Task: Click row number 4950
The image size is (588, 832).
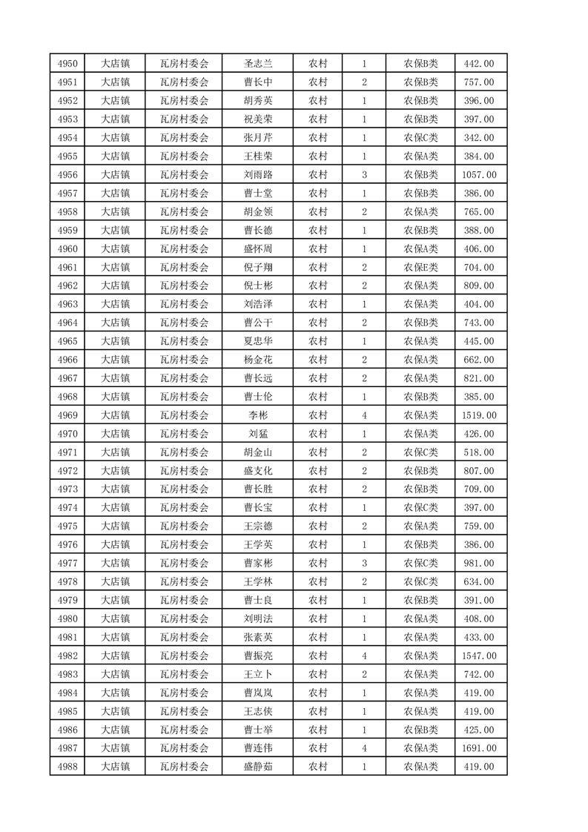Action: pos(67,64)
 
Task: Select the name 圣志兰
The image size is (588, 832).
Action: pos(257,64)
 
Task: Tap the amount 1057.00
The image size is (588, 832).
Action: pos(479,175)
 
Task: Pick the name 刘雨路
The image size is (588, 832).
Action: pos(257,175)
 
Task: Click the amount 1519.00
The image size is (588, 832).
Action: pos(479,415)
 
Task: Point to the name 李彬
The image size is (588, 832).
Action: pos(257,415)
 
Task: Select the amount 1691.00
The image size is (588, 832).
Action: pos(479,748)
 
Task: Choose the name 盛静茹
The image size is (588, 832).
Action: pos(257,767)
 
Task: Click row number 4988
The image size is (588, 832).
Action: pos(67,767)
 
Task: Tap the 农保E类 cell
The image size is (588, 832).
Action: pos(420,268)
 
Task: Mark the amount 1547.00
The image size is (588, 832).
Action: pos(479,656)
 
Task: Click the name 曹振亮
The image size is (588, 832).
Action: pos(257,656)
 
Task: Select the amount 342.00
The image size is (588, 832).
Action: pos(479,138)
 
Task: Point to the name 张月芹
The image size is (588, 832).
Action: pos(257,138)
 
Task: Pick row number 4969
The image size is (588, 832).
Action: pos(67,415)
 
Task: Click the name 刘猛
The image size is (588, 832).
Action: pos(257,434)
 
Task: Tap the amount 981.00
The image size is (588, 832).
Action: pos(479,563)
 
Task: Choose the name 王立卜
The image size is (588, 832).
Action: pos(257,674)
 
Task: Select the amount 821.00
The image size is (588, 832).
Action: pos(479,378)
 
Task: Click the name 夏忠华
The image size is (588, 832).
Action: pos(257,341)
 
